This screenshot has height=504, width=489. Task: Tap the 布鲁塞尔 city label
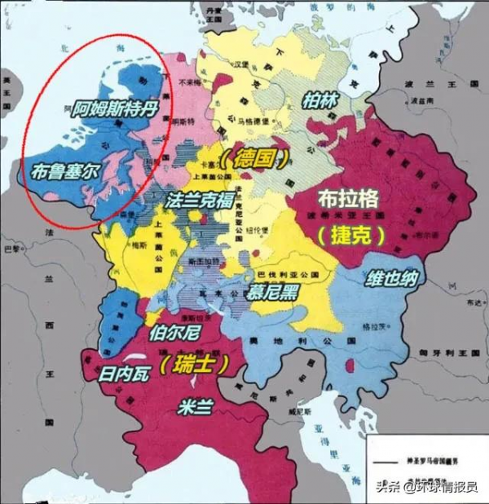coord(61,172)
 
